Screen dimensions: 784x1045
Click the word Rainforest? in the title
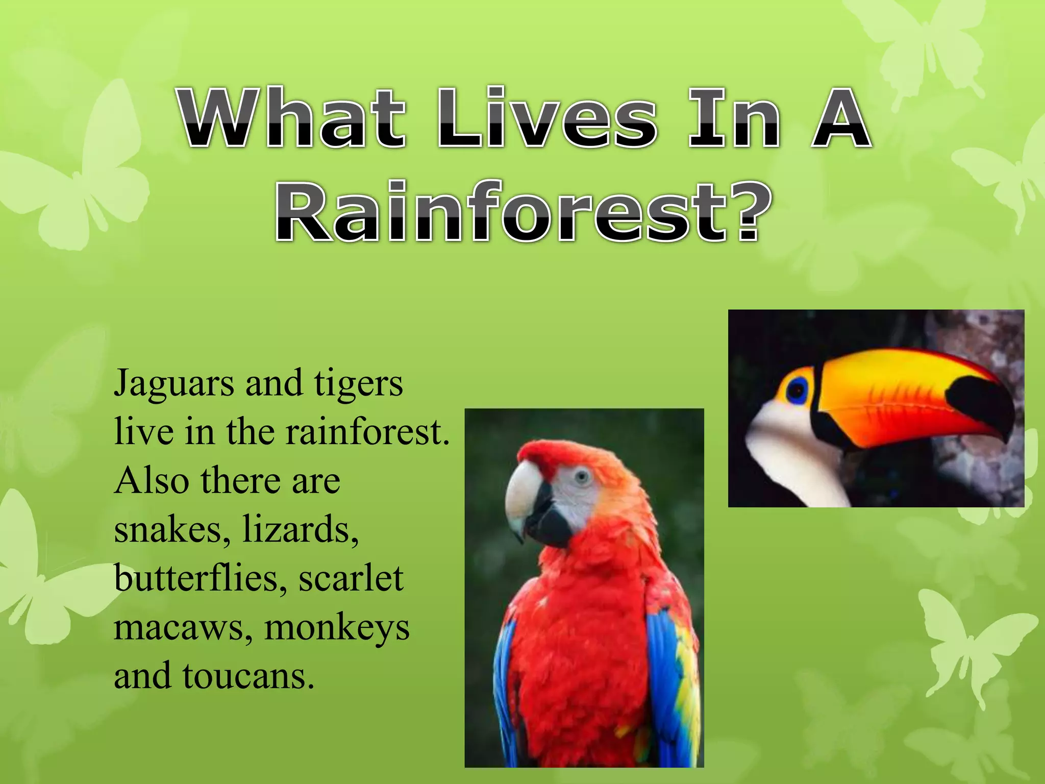(x=524, y=212)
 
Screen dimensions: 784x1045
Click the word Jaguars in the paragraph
(x=173, y=384)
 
